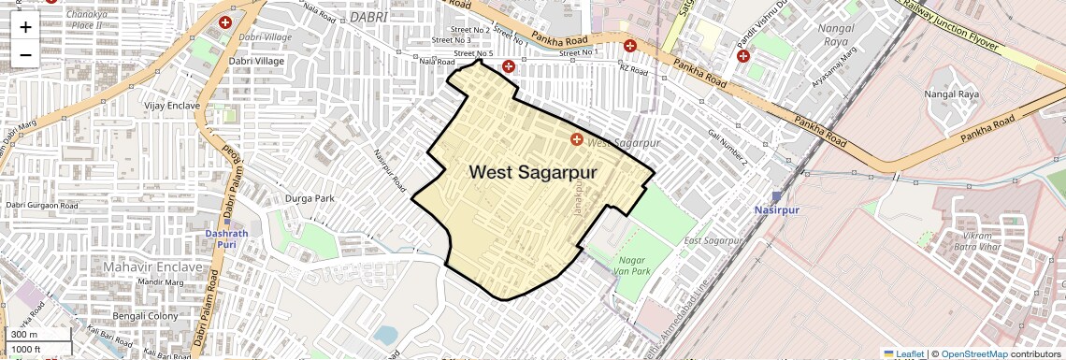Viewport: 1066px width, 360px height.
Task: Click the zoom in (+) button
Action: click(25, 26)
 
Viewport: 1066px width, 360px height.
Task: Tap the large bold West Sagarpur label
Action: click(532, 172)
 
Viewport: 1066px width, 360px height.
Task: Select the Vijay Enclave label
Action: click(172, 106)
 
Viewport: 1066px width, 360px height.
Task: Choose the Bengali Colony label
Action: click(145, 316)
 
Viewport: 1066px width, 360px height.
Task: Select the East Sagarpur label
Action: click(713, 241)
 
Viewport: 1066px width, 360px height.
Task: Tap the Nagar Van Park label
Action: click(633, 265)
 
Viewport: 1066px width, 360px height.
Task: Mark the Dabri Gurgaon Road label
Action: click(42, 205)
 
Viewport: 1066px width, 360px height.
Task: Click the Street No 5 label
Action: click(472, 54)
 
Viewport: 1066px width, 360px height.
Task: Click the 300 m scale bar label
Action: click(25, 335)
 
